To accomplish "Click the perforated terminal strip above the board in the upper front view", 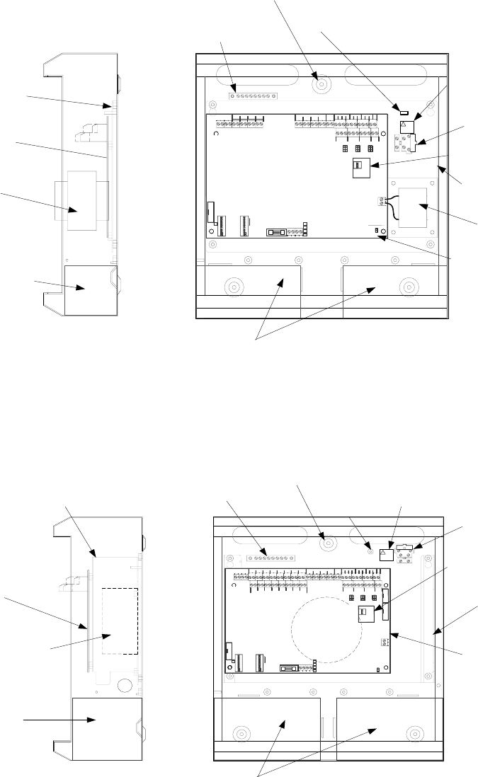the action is [254, 95].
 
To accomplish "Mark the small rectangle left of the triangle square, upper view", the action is [404, 112].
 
